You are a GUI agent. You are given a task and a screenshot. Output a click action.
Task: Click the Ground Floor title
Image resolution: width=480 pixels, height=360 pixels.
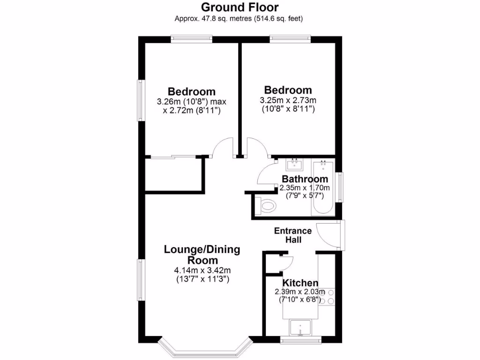[x=240, y=7]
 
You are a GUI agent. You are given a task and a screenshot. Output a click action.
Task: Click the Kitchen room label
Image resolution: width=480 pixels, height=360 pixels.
[x=300, y=283]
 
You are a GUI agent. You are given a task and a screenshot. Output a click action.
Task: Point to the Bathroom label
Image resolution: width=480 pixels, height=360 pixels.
[x=305, y=179]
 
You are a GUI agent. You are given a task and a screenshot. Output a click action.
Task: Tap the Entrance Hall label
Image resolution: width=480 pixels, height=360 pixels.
[x=293, y=235]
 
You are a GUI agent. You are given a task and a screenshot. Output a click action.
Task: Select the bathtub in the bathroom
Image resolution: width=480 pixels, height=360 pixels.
[x=322, y=187]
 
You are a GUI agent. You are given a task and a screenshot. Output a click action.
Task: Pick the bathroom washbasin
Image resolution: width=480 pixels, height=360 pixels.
[x=295, y=165]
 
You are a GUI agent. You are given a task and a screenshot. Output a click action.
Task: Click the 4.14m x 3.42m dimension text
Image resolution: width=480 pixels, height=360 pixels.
[x=202, y=270]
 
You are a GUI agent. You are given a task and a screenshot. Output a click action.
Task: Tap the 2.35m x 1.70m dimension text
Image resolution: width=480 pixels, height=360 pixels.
[x=305, y=188]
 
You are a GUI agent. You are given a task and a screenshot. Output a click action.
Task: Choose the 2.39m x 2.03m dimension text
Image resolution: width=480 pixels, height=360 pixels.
[x=300, y=292]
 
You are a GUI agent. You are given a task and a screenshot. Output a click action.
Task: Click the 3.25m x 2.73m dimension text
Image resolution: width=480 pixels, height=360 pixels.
[x=288, y=100]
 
